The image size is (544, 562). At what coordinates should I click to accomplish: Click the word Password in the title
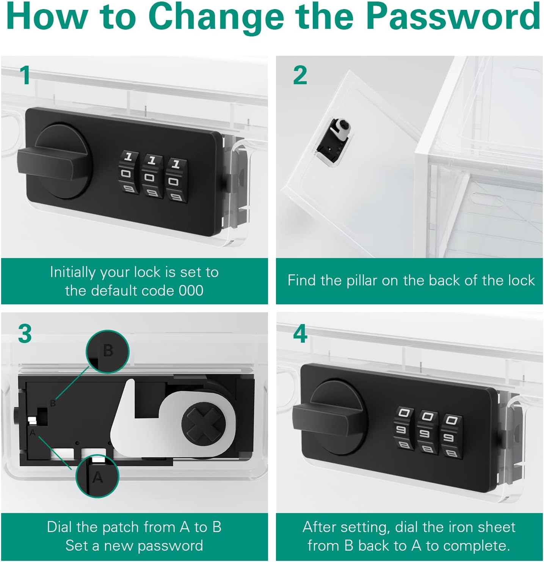tap(454, 16)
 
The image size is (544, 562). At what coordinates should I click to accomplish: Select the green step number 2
tap(300, 75)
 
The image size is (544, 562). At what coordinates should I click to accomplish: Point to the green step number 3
tap(25, 334)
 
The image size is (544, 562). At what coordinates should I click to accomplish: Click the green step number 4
tap(300, 334)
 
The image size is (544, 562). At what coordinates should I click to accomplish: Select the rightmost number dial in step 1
tap(176, 179)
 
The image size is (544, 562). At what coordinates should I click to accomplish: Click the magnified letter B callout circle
tap(107, 352)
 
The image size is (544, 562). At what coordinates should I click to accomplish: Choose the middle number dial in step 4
tap(426, 433)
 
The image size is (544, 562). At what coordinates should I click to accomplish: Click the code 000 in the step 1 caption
tap(191, 291)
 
